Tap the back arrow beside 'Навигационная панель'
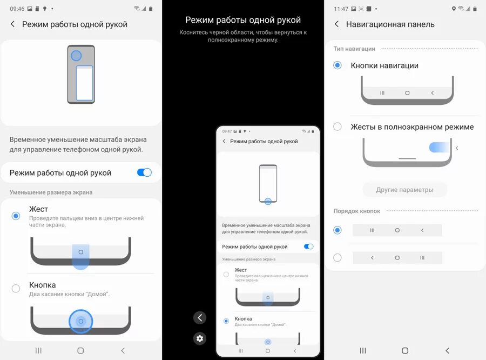point(337,24)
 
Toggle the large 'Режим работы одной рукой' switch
point(144,172)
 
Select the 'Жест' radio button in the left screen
point(16,216)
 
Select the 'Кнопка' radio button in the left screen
point(16,289)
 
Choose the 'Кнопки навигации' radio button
point(337,65)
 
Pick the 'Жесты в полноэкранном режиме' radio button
point(337,127)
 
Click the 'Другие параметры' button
point(404,190)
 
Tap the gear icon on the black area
point(200,338)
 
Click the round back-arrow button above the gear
point(200,318)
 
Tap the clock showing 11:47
point(341,9)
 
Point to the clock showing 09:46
point(17,9)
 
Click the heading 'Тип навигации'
point(354,49)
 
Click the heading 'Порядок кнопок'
point(357,211)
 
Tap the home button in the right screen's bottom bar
point(405,351)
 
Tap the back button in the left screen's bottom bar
point(123,351)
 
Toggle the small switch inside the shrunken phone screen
point(309,246)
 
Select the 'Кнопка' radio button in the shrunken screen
point(226,321)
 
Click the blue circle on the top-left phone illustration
point(76,56)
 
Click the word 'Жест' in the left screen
point(38,209)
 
